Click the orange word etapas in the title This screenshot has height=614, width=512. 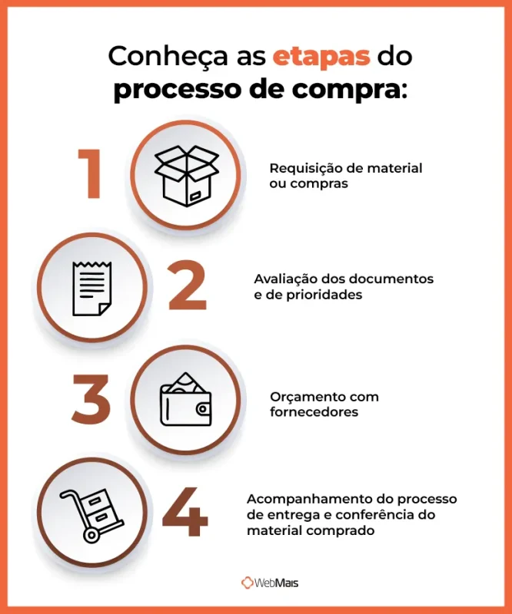321,56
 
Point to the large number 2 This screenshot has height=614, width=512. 188,287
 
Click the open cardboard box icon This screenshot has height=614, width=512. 187,175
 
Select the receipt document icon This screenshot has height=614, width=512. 92,288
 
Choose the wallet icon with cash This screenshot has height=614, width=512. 186,400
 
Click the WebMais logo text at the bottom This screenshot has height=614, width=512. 278,583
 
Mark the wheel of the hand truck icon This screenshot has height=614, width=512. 92,535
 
